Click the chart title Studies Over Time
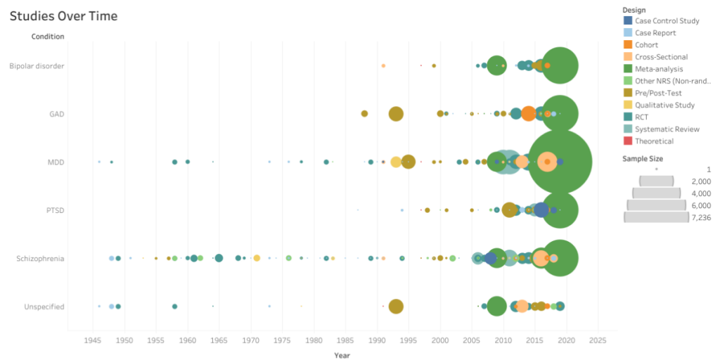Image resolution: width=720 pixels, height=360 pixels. click(x=63, y=16)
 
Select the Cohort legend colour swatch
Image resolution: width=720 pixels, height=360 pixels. click(x=628, y=45)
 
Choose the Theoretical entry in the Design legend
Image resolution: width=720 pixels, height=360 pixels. click(x=654, y=141)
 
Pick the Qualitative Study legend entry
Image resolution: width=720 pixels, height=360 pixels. click(x=664, y=105)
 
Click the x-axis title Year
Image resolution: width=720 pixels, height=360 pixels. click(x=342, y=355)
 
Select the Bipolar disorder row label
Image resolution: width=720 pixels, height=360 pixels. click(x=37, y=66)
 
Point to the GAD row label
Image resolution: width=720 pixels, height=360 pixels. click(x=56, y=114)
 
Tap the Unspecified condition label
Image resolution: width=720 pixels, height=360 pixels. click(x=44, y=307)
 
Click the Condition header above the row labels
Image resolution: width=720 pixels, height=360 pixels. click(x=47, y=37)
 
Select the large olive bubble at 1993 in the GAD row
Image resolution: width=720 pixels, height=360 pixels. click(x=396, y=114)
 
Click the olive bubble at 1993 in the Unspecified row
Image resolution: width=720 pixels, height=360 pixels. click(x=396, y=307)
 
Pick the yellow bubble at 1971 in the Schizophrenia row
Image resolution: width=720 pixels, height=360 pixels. click(x=257, y=258)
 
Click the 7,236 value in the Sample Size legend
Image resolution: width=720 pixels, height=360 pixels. click(x=700, y=218)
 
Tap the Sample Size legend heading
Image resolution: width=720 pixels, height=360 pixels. click(x=643, y=159)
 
